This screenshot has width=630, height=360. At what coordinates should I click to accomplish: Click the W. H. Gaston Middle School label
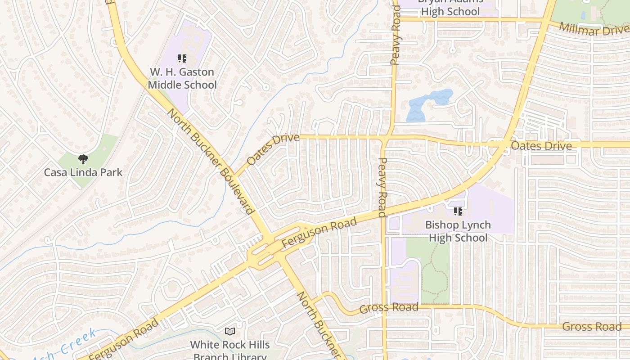182,78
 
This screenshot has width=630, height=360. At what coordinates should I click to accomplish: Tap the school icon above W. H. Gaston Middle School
182,58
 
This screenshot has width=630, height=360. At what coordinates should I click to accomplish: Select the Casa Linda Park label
83,172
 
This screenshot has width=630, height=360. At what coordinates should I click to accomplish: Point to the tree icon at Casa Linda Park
83,158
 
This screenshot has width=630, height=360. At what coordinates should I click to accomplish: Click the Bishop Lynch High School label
458,231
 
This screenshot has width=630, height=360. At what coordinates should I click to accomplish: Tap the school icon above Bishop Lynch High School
458,211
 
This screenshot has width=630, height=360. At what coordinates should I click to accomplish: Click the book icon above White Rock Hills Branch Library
230,331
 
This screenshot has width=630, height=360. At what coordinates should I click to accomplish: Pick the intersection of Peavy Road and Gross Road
384,306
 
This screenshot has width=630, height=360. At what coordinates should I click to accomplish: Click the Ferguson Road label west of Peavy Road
319,232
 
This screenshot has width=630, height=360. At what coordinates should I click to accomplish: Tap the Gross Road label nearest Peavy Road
389,308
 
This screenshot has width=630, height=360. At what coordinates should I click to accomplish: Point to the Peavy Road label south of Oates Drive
382,187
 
